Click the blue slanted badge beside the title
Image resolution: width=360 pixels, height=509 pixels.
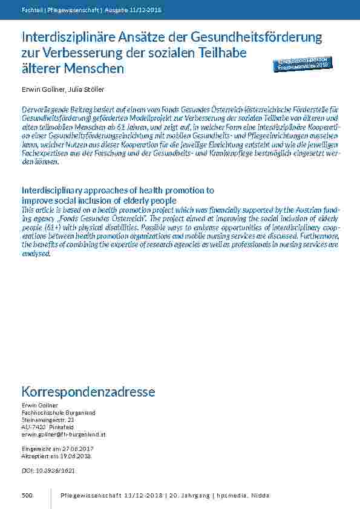303,64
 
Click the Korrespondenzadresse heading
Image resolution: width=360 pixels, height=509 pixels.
88,392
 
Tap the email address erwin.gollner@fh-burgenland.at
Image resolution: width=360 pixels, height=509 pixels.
64,434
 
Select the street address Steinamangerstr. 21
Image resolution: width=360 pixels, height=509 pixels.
48,420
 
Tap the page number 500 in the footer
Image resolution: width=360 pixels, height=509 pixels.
27,496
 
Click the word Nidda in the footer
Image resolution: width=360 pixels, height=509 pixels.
260,496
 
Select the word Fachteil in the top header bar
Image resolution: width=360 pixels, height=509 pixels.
31,10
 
